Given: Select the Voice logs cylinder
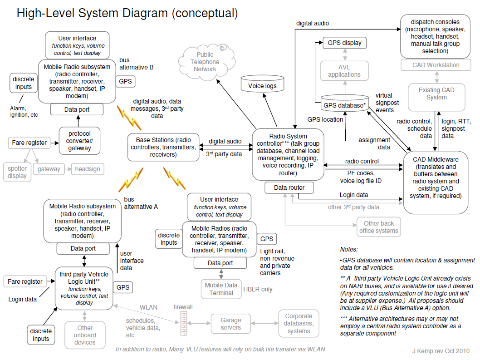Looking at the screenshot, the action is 262,84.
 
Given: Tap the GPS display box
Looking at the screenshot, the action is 345,43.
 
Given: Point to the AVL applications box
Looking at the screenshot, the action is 344,71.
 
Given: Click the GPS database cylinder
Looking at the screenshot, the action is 345,103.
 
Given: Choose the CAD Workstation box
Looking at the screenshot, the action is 436,65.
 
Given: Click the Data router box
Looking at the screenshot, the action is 289,187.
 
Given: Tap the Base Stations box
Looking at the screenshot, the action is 163,147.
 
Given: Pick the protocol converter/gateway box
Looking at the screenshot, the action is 79,141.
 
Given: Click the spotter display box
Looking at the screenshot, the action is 17,172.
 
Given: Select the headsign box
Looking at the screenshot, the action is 88,169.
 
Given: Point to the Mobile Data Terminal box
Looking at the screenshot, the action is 221,289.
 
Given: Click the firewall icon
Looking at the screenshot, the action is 184,323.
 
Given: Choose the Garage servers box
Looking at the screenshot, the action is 231,324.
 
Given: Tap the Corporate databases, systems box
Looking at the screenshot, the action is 299,324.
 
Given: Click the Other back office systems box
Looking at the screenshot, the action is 379,227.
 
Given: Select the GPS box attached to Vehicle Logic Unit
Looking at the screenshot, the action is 123,287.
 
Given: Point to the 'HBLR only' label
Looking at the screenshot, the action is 258,289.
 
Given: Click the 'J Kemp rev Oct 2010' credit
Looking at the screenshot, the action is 441,351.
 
